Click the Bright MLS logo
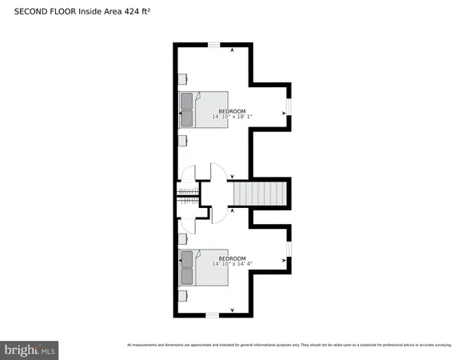click(30, 350)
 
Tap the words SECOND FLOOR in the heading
click(44, 12)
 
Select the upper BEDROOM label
click(232, 110)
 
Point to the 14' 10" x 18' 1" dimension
click(232, 117)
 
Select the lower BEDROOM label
click(232, 258)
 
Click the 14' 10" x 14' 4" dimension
click(232, 264)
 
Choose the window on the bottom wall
click(213, 316)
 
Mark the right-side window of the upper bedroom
click(290, 107)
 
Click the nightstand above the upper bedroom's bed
click(183, 78)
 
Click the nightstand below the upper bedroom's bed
click(183, 141)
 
